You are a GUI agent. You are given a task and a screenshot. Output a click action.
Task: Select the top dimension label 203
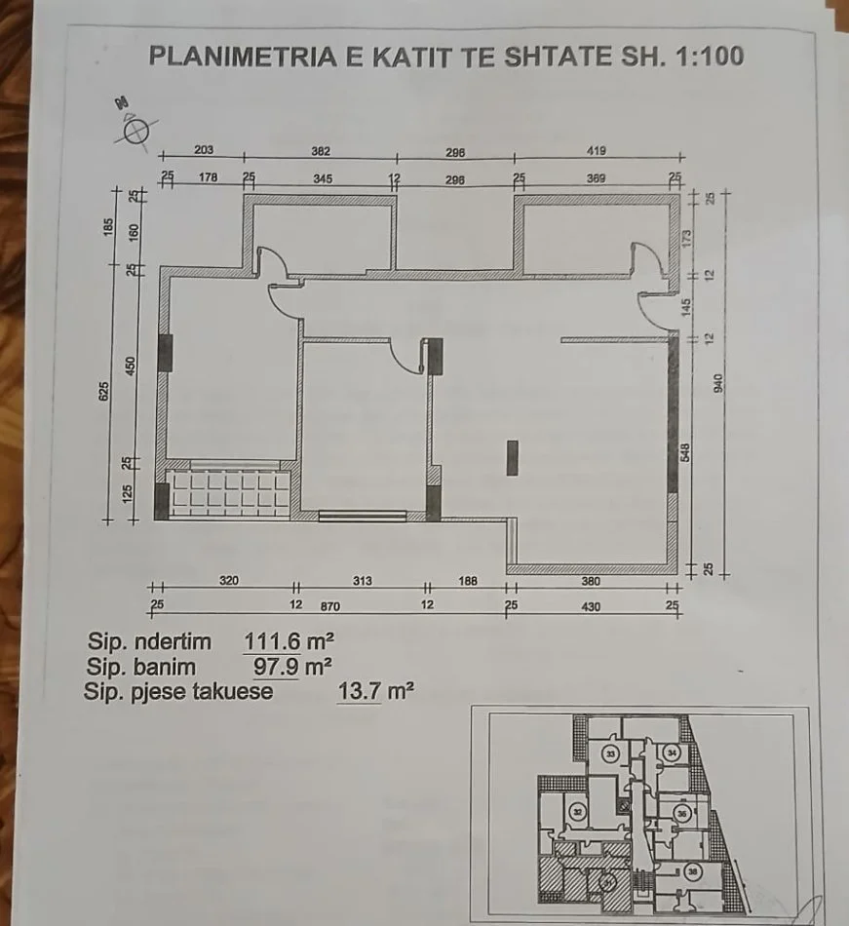(x=204, y=151)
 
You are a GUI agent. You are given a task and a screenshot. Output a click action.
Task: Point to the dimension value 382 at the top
(x=321, y=151)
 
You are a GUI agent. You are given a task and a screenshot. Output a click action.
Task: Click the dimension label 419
(x=597, y=151)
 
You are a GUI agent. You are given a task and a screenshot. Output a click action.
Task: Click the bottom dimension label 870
(x=331, y=606)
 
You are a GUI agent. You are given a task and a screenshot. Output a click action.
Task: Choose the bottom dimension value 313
(x=362, y=582)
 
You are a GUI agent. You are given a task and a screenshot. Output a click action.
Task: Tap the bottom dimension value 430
(x=592, y=606)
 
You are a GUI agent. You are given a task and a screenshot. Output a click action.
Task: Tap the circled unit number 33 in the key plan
(x=611, y=754)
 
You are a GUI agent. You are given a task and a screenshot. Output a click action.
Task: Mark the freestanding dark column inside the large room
(x=513, y=457)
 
